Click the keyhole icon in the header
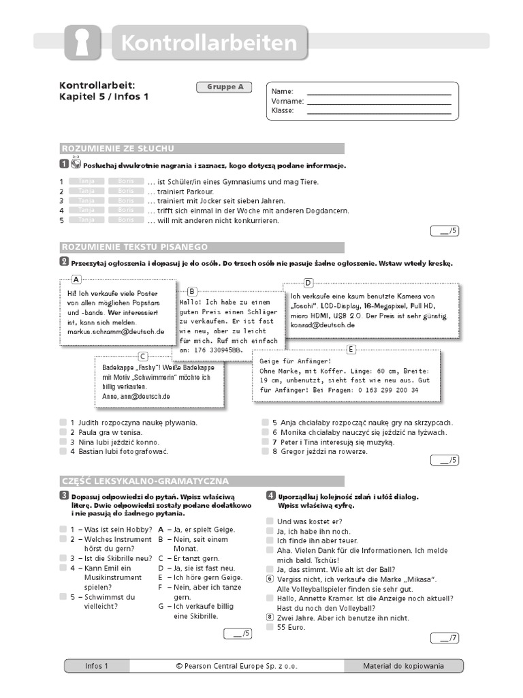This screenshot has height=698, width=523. (x=82, y=43)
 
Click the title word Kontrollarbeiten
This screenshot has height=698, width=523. (x=209, y=43)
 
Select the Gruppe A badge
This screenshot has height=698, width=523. (x=224, y=87)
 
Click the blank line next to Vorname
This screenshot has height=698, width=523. (x=379, y=101)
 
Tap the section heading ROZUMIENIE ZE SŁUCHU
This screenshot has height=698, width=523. (x=118, y=149)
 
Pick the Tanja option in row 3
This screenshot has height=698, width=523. (x=86, y=201)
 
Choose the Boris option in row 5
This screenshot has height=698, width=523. (x=126, y=220)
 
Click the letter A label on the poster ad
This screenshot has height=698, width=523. (x=76, y=279)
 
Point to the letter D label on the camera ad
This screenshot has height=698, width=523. (x=308, y=283)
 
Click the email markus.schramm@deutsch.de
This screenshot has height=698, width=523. (x=115, y=332)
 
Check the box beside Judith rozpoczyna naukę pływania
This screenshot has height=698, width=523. (x=63, y=423)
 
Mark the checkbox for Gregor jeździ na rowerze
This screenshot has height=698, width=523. (x=266, y=451)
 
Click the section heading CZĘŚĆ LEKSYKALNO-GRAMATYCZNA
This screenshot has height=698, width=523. (x=145, y=481)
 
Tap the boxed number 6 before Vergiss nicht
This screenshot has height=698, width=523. (x=270, y=579)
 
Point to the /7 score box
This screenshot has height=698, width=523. (x=445, y=638)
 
